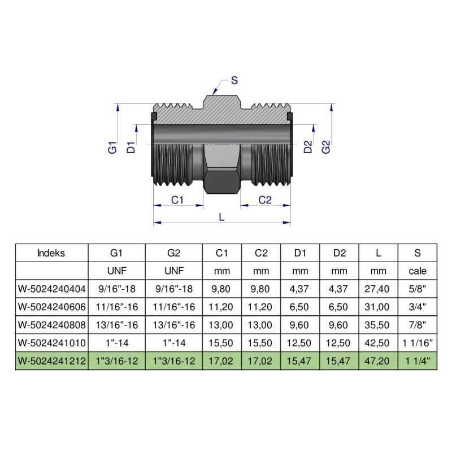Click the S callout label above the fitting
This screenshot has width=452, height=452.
(x=234, y=80)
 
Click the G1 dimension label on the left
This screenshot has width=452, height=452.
(x=112, y=148)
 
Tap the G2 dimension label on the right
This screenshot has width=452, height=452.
(x=325, y=147)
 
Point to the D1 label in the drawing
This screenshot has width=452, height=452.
(x=131, y=148)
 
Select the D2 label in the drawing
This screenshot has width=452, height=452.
(x=308, y=147)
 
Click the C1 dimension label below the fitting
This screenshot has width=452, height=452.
(x=178, y=199)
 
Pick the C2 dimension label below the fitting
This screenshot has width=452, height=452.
(x=265, y=199)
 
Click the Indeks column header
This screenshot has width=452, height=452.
(x=51, y=253)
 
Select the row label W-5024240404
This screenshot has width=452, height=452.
(x=51, y=289)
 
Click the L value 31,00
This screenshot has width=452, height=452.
(x=379, y=307)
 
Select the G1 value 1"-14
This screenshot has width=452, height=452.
(x=117, y=343)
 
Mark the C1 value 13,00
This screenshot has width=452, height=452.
(x=221, y=325)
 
